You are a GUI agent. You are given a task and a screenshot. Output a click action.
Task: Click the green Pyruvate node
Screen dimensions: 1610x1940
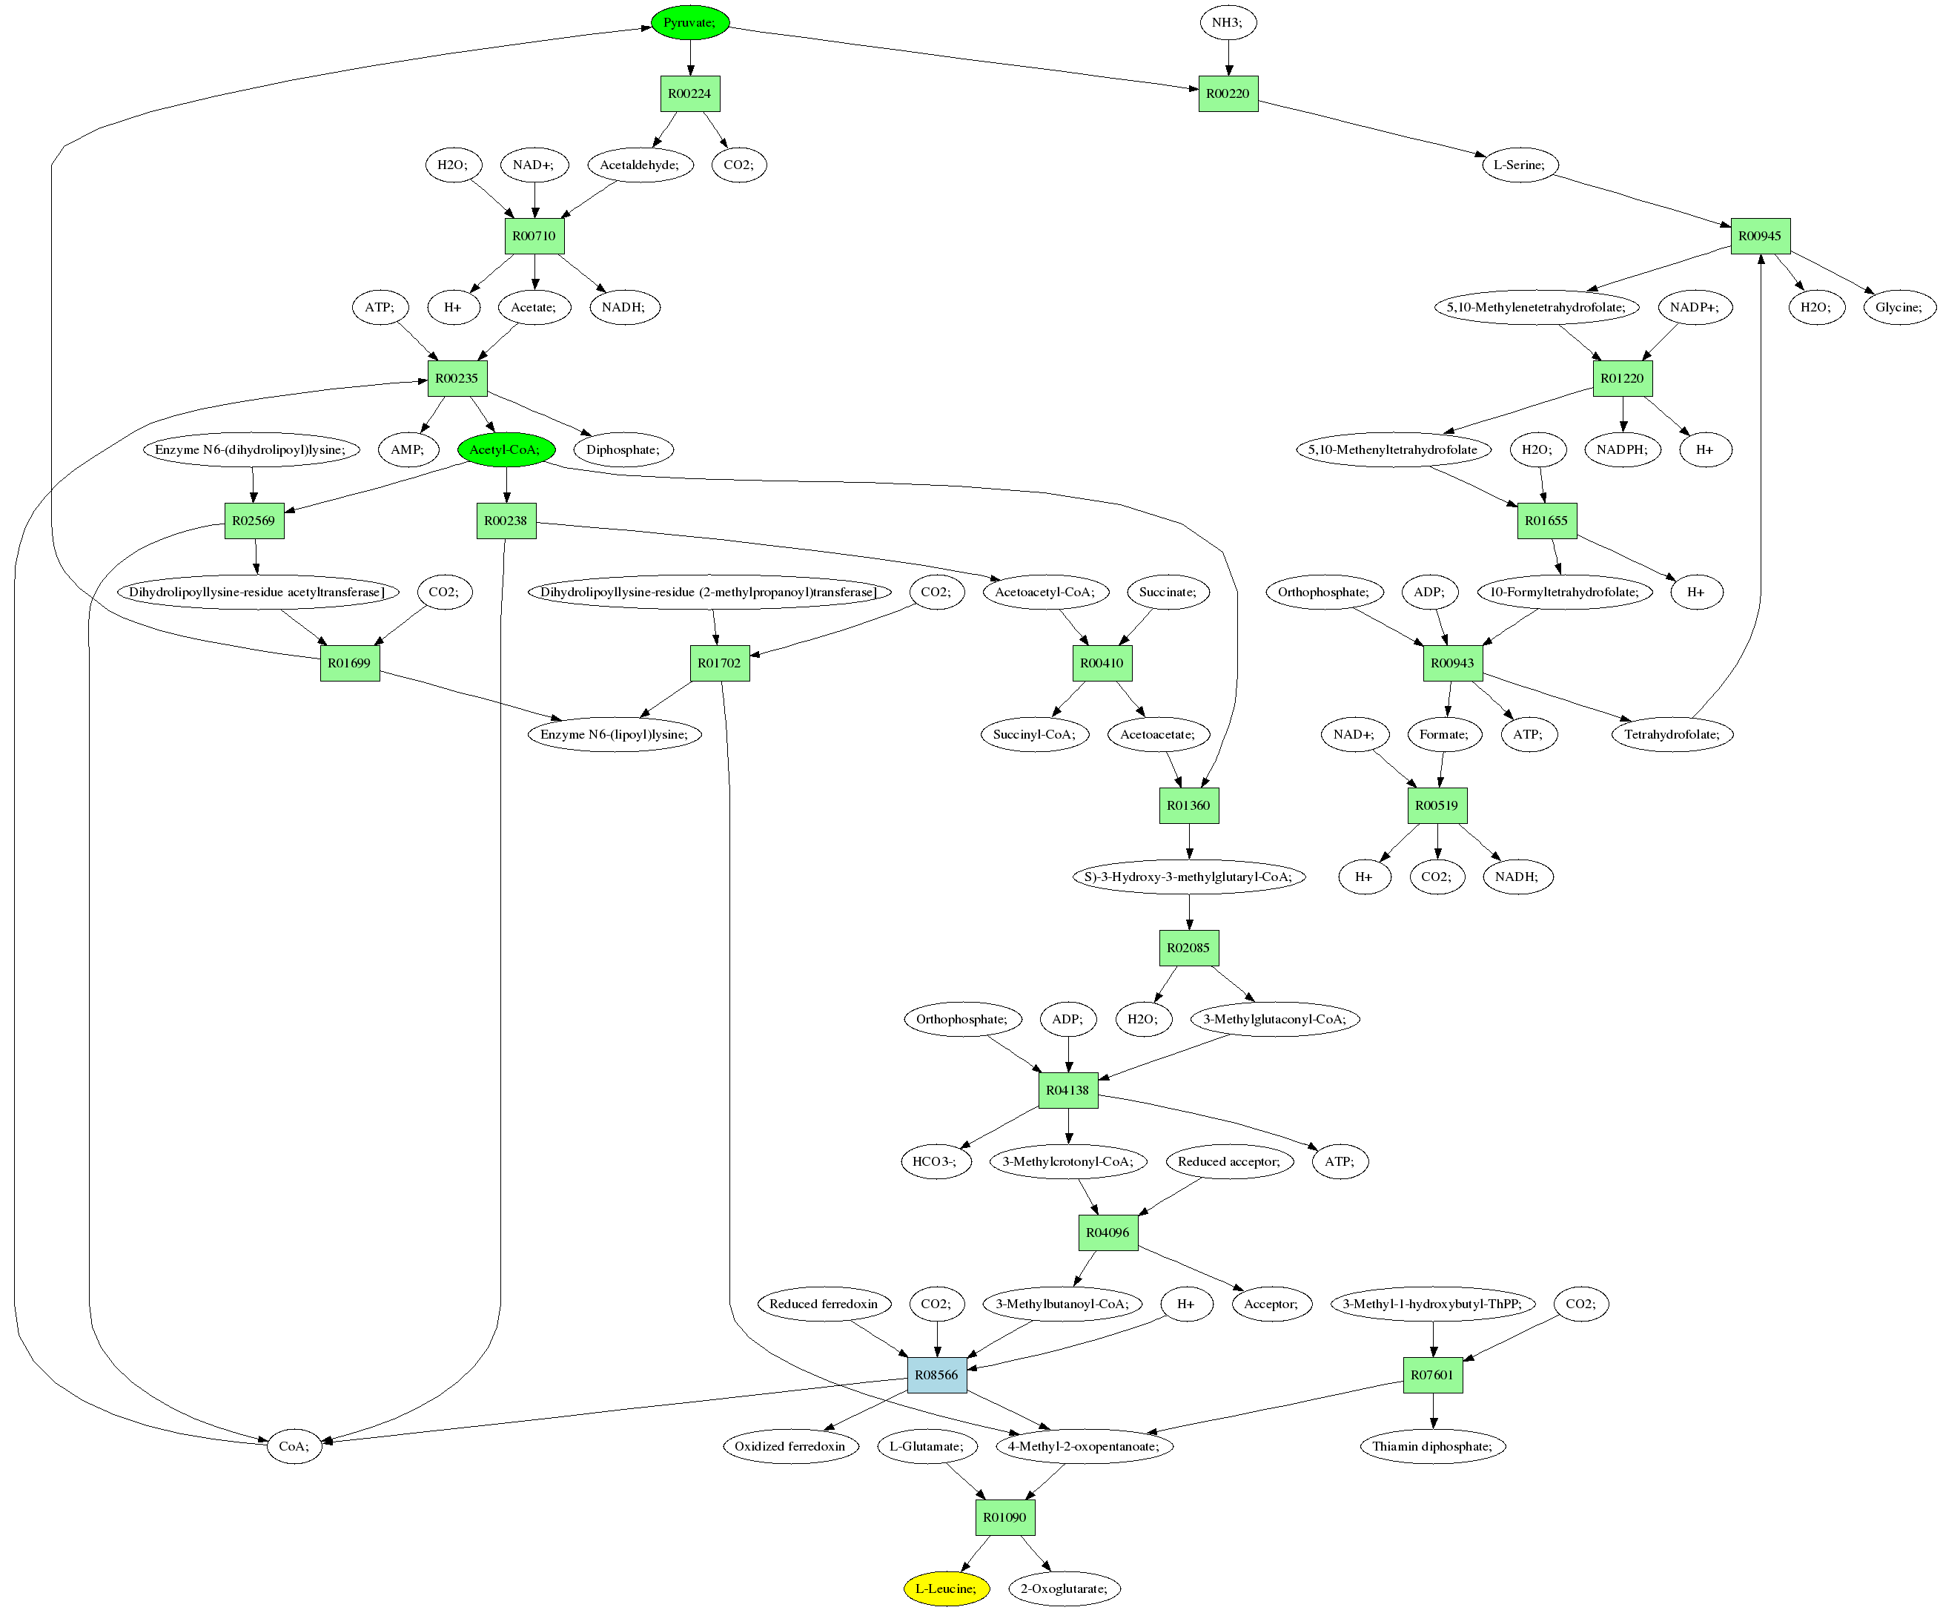[x=690, y=22]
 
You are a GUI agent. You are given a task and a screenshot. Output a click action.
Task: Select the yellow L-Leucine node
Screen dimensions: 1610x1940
[x=946, y=1588]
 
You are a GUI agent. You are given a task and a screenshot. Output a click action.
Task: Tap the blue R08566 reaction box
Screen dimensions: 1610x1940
[x=937, y=1374]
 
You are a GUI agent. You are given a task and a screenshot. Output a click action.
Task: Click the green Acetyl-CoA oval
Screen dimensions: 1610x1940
[x=506, y=449]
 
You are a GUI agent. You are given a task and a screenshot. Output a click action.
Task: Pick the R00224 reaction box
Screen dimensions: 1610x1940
[x=690, y=93]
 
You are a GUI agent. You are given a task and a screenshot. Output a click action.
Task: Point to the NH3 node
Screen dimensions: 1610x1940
[x=1228, y=22]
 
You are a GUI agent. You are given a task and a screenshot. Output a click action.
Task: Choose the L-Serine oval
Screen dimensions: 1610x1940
[x=1520, y=165]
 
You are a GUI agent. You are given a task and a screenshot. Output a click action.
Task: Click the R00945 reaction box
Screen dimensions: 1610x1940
[x=1760, y=236]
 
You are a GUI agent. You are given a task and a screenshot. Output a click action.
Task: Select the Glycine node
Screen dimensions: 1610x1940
[x=1898, y=307]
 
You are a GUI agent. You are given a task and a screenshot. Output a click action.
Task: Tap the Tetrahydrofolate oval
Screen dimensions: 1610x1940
[x=1672, y=734]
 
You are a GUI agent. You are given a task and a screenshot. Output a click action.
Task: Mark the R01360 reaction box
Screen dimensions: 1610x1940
[x=1189, y=805]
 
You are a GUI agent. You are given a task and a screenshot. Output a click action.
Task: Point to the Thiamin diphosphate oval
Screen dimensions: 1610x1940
[x=1433, y=1445]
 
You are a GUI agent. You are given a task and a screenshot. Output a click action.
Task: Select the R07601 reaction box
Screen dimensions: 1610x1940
[x=1433, y=1374]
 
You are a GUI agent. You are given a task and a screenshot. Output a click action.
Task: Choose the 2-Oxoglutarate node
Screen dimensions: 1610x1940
[x=1065, y=1588]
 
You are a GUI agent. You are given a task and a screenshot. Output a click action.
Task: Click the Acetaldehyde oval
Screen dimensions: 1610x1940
[x=640, y=165]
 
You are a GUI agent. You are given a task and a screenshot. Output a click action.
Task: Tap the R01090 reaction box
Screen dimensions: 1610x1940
[x=1005, y=1517]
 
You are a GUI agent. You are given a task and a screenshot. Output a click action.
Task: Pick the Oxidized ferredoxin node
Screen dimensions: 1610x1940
[x=789, y=1445]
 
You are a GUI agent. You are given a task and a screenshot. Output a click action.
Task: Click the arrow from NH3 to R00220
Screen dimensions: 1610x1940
[x=1228, y=57]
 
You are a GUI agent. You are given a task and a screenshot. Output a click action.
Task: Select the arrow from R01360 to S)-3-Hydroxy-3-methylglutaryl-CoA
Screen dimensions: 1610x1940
[x=1189, y=841]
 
